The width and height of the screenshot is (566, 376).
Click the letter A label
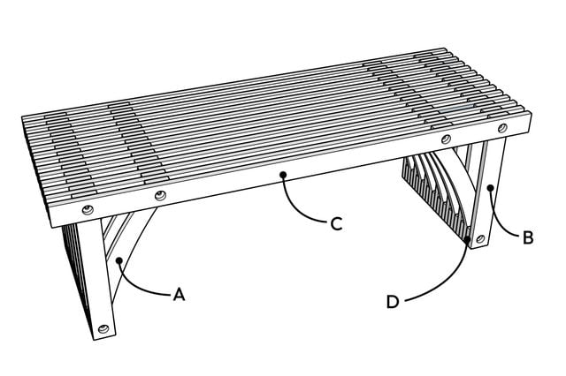point(180,295)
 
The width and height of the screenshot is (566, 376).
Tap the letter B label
point(527,237)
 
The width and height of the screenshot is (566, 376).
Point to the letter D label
point(394,302)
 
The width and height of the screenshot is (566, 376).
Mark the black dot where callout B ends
point(489,186)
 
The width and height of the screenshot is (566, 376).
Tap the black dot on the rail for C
point(283,175)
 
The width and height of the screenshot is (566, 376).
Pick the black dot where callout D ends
point(467,237)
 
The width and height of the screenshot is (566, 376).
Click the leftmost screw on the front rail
point(88,209)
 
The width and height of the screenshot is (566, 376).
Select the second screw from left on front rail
point(160,195)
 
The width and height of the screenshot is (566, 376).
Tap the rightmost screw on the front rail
point(503,130)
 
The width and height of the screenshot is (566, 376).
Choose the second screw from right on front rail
point(446,141)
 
